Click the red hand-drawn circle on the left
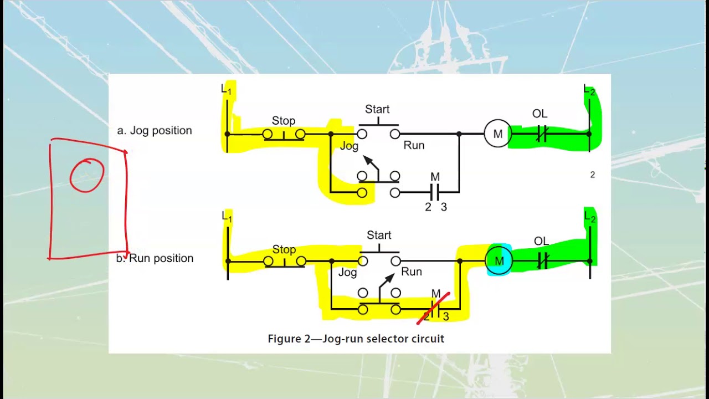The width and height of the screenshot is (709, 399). (87, 175)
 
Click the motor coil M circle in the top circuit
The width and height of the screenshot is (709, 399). (497, 134)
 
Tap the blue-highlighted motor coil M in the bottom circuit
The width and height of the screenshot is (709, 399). (499, 261)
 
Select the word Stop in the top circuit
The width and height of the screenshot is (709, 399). (283, 121)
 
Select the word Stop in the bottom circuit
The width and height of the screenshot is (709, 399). (284, 250)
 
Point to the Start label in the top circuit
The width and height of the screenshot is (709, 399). (377, 109)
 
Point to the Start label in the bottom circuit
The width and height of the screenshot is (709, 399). (379, 235)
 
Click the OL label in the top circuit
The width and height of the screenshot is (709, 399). (540, 114)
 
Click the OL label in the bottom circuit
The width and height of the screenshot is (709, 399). (541, 241)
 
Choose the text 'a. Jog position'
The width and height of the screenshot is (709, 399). (155, 131)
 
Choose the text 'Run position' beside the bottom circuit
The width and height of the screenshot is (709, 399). (161, 258)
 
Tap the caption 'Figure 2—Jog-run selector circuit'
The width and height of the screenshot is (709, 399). (356, 339)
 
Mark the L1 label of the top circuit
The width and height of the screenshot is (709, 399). (227, 89)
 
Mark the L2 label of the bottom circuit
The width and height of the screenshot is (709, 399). (590, 218)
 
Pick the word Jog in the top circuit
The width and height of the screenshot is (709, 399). (349, 146)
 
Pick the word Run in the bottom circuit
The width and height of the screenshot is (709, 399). (412, 272)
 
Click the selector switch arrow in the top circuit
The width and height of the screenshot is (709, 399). (370, 164)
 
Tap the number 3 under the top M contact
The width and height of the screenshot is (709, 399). (444, 207)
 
